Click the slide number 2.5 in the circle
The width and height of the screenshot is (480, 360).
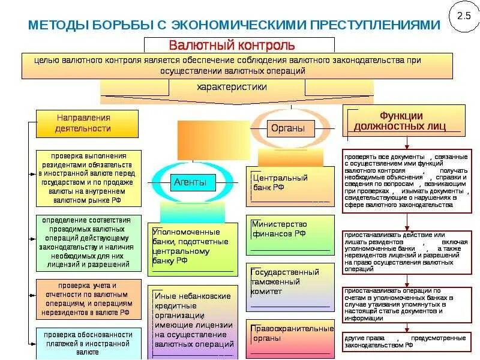point(463,17)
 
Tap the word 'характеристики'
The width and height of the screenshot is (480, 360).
point(232,87)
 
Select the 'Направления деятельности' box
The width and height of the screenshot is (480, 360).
point(88,123)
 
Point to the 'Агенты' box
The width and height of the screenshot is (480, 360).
point(190,182)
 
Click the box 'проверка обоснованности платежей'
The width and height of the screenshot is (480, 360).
point(88,343)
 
